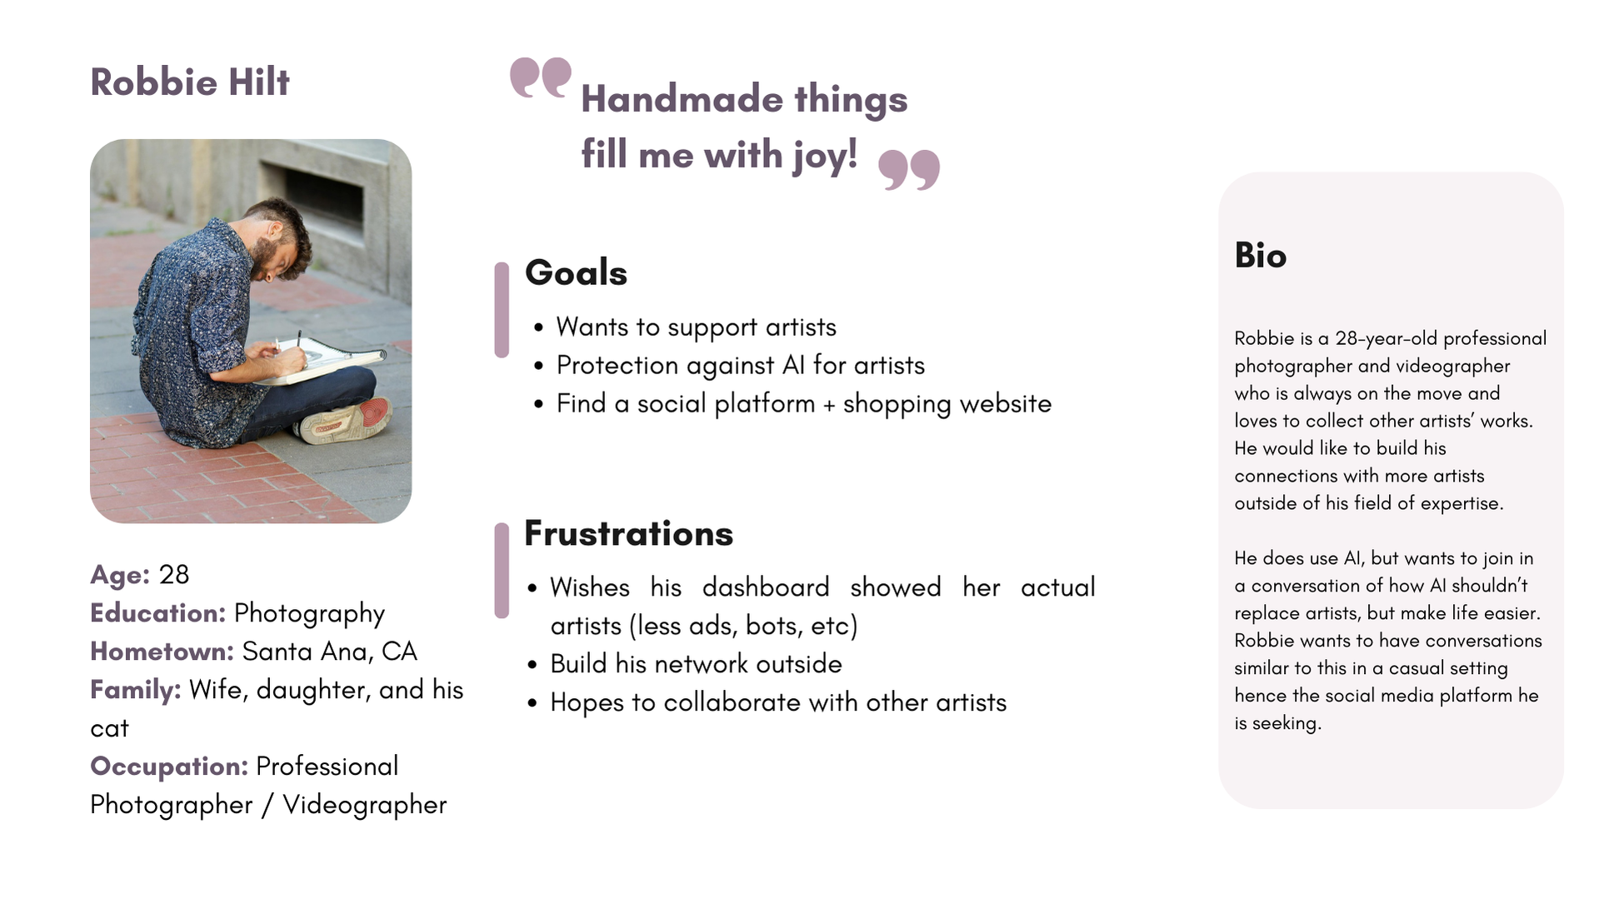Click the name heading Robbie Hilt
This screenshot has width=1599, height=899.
coord(190,82)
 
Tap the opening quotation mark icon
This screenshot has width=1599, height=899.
coord(541,77)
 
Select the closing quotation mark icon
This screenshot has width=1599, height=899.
coord(909,170)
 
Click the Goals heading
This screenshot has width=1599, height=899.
coord(576,272)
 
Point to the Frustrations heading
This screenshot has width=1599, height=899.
coord(629,534)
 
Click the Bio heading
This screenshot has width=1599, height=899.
coord(1261,256)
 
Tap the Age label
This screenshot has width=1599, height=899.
coord(120,575)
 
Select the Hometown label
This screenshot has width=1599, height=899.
coord(162,652)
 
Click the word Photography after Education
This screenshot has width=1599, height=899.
coord(309,614)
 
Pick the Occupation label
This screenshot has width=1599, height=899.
coord(169,767)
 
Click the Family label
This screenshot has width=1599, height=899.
coord(136,690)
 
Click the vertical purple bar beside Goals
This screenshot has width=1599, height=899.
coord(502,310)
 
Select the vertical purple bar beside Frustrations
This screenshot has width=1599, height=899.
coord(502,571)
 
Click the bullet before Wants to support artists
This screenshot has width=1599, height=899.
coord(539,328)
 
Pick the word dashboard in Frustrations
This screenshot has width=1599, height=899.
coord(766,587)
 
